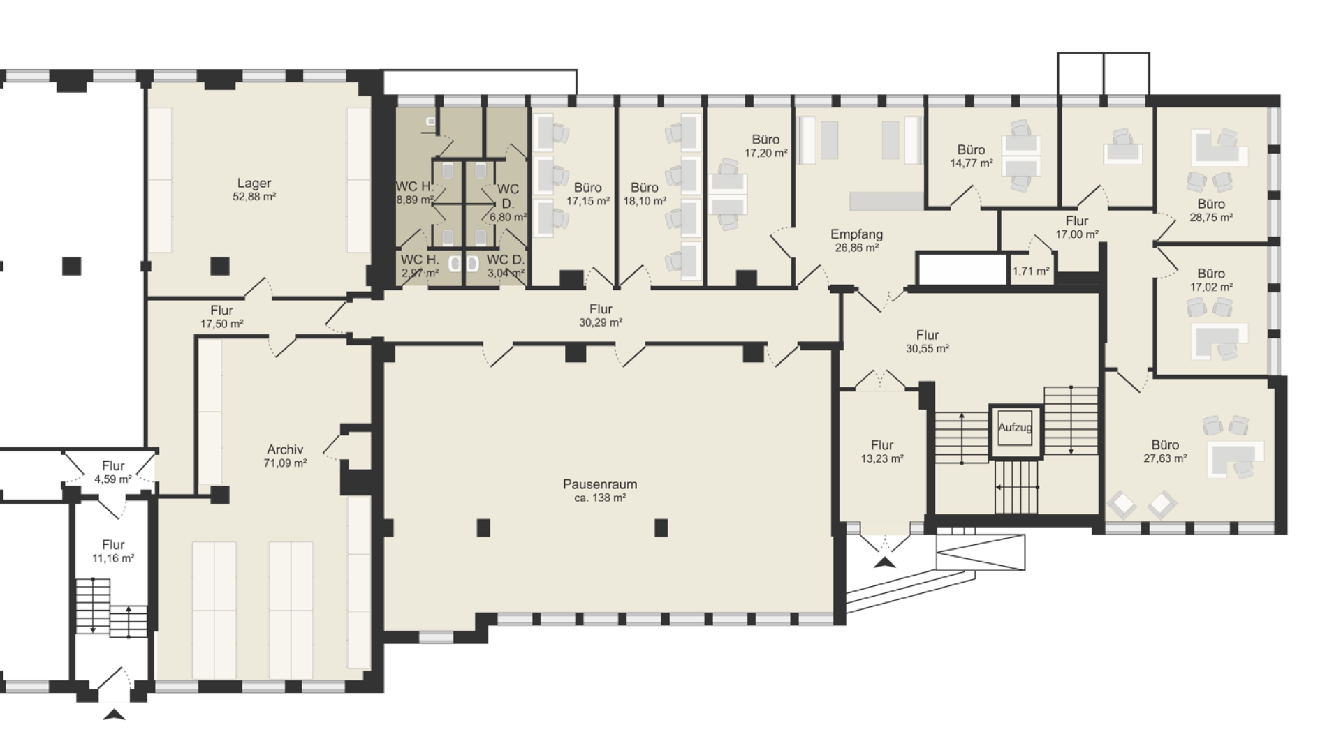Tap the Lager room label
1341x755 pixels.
[254, 184]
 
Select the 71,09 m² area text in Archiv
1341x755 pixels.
[285, 463]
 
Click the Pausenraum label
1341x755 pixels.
[599, 484]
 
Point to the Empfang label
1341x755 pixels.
[856, 234]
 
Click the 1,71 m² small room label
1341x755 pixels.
[1031, 271]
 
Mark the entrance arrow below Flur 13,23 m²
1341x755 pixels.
[884, 562]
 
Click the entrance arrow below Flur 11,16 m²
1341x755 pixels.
[114, 714]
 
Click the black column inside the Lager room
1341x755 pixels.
[220, 266]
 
